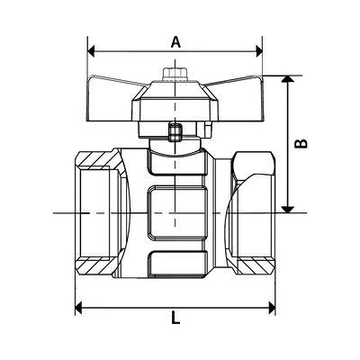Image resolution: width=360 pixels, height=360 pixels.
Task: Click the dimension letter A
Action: pyautogui.click(x=175, y=41)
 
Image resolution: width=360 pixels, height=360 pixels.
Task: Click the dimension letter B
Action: pyautogui.click(x=301, y=143)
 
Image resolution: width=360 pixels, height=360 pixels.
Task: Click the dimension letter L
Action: pyautogui.click(x=175, y=318)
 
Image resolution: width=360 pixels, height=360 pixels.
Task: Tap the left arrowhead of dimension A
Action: pyautogui.click(x=91, y=51)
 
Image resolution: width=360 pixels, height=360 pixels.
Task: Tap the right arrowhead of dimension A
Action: pyautogui.click(x=258, y=51)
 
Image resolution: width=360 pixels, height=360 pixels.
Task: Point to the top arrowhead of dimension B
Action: pyautogui.click(x=288, y=78)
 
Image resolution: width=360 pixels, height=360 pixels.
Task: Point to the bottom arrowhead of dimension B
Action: pyautogui.click(x=288, y=210)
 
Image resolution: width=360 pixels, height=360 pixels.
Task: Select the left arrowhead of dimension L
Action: pyautogui.click(x=78, y=308)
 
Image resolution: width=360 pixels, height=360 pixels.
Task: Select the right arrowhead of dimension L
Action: pyautogui.click(x=272, y=308)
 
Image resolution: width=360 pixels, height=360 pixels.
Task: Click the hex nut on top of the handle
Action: pyautogui.click(x=175, y=75)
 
